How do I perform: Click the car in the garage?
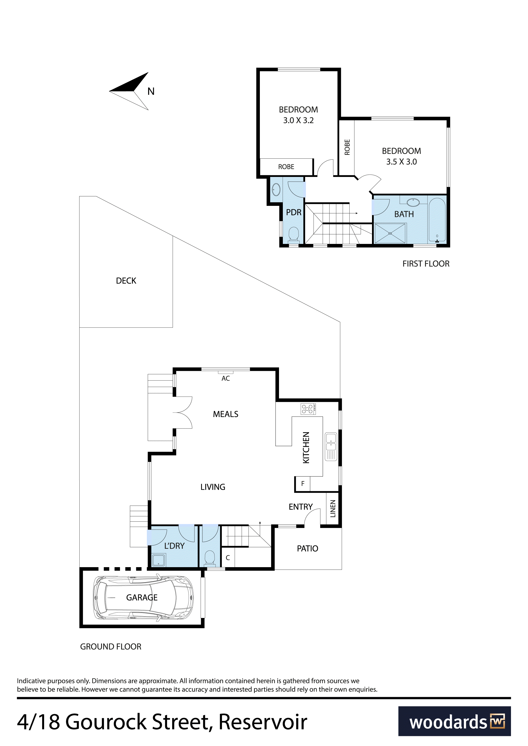(143, 598)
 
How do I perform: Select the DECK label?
(126, 281)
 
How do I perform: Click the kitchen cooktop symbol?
(308, 409)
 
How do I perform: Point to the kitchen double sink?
(331, 446)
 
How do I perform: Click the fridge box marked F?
(302, 484)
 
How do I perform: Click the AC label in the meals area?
(226, 378)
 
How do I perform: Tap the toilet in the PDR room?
(294, 235)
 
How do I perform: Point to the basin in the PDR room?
(276, 189)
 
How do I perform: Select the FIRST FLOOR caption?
(426, 264)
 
